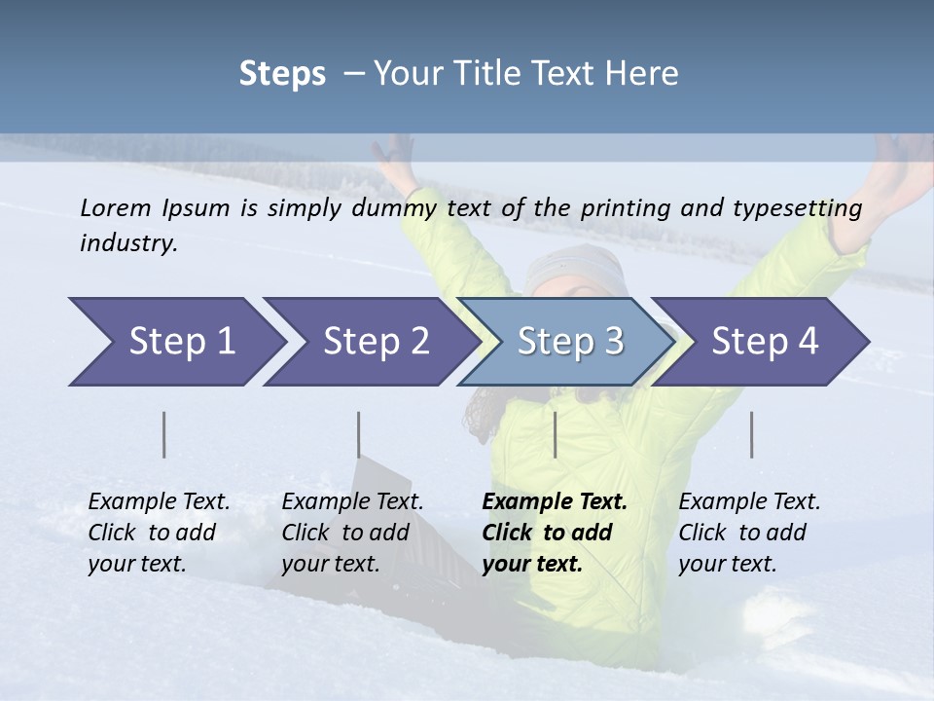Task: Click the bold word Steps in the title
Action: click(282, 74)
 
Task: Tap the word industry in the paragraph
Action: click(127, 243)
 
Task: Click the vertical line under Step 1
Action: click(163, 434)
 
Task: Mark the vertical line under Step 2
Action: click(358, 434)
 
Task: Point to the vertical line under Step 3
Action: click(555, 434)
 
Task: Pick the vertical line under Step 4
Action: click(751, 434)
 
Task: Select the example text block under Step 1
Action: click(159, 533)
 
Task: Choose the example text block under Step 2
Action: click(352, 533)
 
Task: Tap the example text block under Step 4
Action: click(749, 533)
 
